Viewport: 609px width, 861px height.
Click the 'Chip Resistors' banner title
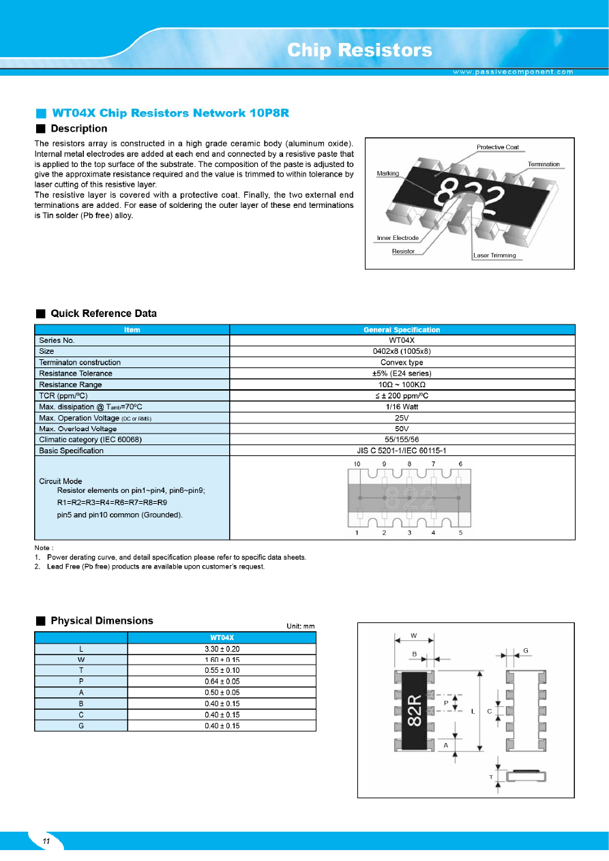coord(359,50)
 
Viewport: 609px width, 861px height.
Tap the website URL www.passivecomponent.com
coord(514,72)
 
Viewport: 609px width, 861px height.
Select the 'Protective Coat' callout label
coord(497,147)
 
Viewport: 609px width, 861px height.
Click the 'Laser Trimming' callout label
coord(494,256)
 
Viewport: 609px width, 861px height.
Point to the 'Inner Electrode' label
coord(398,238)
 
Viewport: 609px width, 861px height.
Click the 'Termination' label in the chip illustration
coord(544,164)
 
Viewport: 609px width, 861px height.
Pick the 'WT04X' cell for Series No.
coord(402,340)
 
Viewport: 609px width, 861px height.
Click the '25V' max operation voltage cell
coord(402,417)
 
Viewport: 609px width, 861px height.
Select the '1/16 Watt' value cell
coord(402,406)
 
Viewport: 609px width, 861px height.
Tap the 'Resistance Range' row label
coord(71,384)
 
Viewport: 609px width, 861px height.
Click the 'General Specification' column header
coord(402,330)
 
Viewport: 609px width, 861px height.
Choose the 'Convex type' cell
coord(402,362)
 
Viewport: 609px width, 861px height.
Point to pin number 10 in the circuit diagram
coord(357,464)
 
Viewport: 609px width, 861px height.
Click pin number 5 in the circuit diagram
coord(461,532)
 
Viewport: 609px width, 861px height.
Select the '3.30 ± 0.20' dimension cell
coord(222,648)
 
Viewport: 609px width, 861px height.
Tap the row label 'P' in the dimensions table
coord(81,681)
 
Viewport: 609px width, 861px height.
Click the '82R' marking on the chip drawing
coord(415,710)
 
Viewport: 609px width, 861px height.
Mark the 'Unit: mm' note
coord(301,626)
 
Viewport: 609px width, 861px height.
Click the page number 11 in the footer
coord(46,842)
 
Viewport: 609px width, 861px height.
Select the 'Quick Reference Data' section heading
coord(104,314)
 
